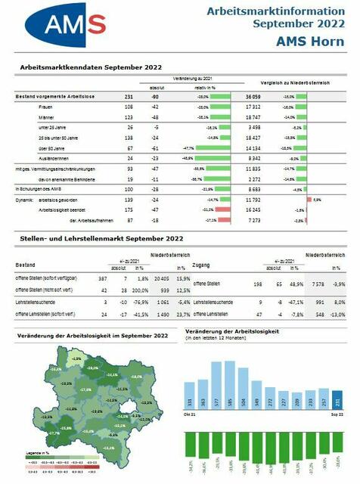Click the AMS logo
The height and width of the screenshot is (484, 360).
click(67, 26)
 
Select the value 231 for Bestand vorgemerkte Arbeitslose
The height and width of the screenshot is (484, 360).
click(129, 97)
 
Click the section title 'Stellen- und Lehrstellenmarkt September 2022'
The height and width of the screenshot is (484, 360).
click(98, 240)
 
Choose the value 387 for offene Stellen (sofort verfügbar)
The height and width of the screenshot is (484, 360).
click(103, 279)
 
